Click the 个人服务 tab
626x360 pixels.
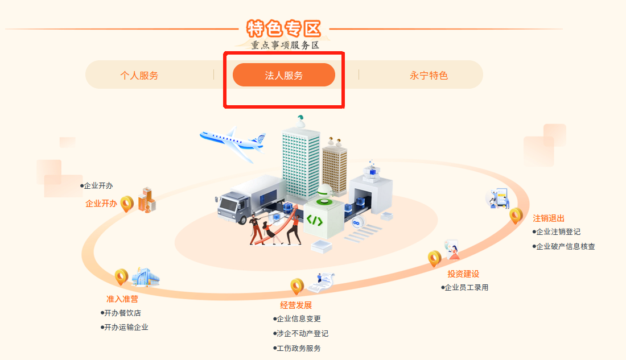tap(139, 76)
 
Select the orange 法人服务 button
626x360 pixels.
tap(284, 75)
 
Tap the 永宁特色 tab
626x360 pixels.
tap(429, 76)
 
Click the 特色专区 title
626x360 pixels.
tap(284, 29)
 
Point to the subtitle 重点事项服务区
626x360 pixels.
tap(285, 45)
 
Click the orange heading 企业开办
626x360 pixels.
tap(101, 204)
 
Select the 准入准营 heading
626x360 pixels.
tap(122, 299)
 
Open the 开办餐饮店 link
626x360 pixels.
tap(121, 313)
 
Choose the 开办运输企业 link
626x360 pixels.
tap(124, 327)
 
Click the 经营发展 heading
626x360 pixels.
tap(296, 305)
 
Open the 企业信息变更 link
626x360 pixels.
tap(297, 318)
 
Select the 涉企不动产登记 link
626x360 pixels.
tap(300, 333)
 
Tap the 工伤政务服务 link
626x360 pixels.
tap(297, 348)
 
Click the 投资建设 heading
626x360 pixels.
tap(463, 274)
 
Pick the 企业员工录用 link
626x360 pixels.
tap(465, 287)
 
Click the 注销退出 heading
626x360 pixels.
tap(549, 218)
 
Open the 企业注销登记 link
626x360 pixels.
tap(557, 231)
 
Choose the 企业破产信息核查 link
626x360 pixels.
tap(564, 246)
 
